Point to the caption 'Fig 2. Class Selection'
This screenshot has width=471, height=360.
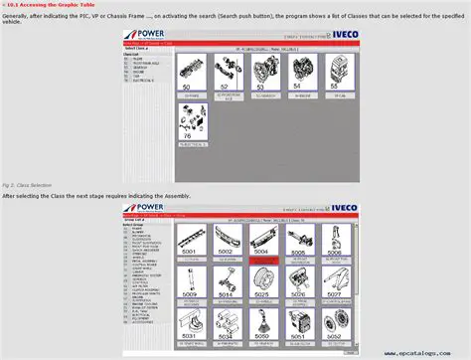coord(27,185)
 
